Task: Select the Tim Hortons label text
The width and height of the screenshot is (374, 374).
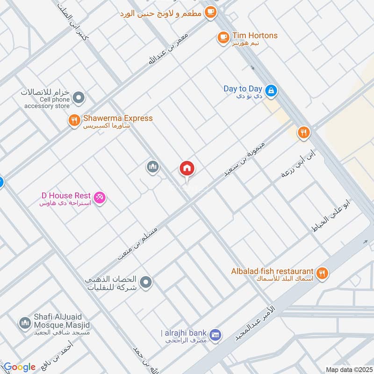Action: click(255, 36)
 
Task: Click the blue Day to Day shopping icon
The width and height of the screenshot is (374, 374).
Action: click(270, 90)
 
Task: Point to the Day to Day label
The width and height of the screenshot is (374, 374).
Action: click(243, 89)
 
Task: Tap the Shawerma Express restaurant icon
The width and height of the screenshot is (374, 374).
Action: click(74, 120)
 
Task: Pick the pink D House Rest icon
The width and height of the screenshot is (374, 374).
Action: click(100, 198)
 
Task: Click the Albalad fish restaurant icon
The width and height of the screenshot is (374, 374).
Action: click(322, 273)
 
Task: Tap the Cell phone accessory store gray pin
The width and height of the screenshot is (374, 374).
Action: click(79, 98)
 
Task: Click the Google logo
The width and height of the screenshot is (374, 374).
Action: click(20, 367)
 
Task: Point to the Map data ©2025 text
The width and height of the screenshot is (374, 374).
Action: click(348, 369)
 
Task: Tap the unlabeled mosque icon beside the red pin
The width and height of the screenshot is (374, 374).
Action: click(151, 167)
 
